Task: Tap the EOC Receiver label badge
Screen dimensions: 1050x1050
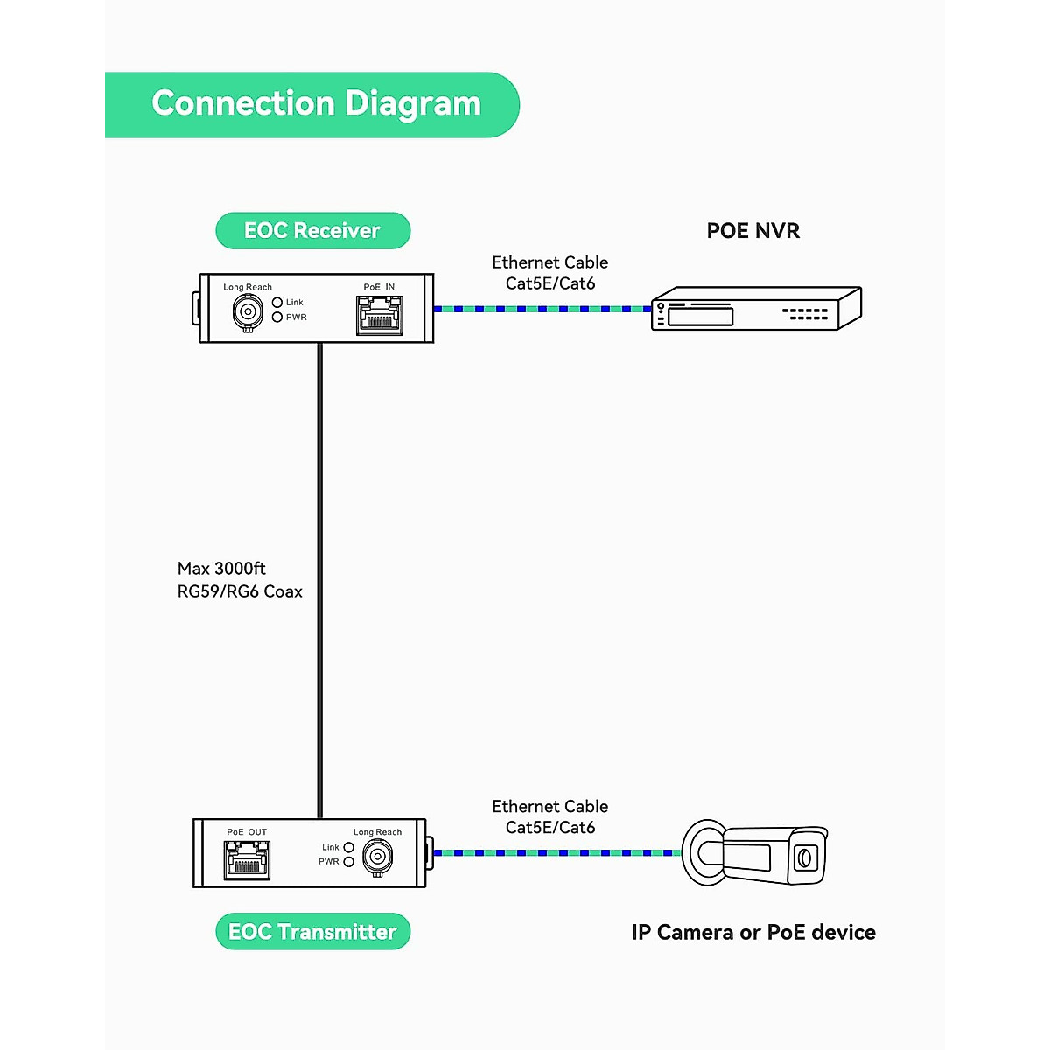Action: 312,230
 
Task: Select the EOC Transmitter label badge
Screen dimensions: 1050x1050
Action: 312,932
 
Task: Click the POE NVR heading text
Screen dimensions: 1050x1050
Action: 752,231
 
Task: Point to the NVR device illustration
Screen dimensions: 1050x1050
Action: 756,308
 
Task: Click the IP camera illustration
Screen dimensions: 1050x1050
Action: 754,853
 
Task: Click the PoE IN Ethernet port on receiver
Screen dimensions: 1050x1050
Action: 380,315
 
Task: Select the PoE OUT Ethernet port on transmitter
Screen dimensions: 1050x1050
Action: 247,860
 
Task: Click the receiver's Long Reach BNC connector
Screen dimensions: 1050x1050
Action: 248,311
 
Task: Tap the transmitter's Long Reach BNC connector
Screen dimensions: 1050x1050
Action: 377,855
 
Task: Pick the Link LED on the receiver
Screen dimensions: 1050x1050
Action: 277,303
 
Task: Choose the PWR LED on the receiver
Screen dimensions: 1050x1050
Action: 277,317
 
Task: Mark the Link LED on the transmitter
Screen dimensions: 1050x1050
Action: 348,847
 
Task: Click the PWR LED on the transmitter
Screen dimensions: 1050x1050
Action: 348,862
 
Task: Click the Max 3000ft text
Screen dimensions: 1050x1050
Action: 221,569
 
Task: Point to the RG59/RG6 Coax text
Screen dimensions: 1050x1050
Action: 240,591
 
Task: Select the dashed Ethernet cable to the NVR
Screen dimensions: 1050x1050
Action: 542,309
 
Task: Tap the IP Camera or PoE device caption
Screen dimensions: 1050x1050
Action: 753,933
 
